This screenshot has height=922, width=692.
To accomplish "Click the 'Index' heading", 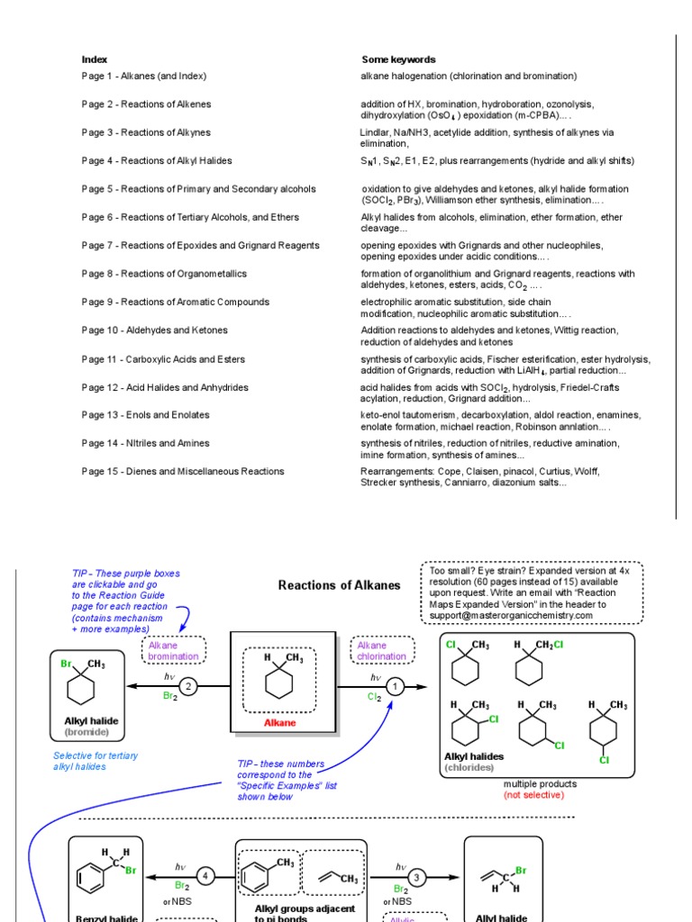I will pyautogui.click(x=95, y=59).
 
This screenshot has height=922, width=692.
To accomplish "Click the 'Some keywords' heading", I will pyautogui.click(x=398, y=59).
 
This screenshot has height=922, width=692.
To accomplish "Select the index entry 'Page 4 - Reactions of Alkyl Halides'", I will pyautogui.click(x=157, y=160).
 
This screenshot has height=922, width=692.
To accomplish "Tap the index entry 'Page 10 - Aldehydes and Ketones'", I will pyautogui.click(x=155, y=330).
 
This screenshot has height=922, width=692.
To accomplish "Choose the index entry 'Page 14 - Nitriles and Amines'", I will pyautogui.click(x=146, y=443).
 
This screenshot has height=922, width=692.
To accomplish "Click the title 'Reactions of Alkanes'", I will pyautogui.click(x=340, y=585).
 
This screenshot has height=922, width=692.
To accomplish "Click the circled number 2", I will pyautogui.click(x=188, y=685).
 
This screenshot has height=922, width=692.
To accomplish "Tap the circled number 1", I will pyautogui.click(x=396, y=685).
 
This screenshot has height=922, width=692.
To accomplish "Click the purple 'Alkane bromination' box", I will pyautogui.click(x=174, y=651).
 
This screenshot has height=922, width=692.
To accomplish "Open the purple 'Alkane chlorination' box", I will pyautogui.click(x=382, y=651).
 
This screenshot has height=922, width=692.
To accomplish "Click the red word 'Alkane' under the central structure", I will pyautogui.click(x=279, y=722).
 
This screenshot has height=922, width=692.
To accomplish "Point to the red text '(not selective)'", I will pyautogui.click(x=534, y=795).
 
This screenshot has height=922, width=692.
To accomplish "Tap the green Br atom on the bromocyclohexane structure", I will pyautogui.click(x=65, y=664).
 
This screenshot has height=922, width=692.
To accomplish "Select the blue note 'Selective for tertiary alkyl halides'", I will pyautogui.click(x=96, y=761).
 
